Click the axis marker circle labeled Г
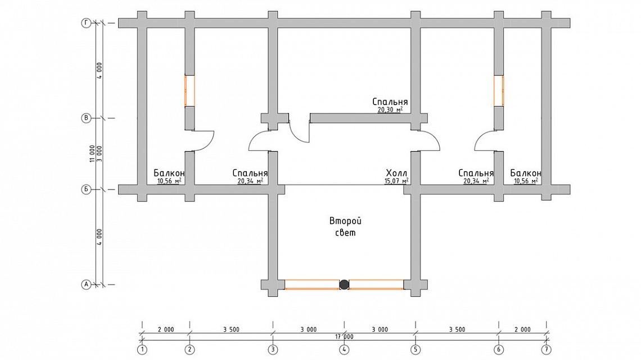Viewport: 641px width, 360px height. [86, 23]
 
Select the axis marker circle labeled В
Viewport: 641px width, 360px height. [86, 118]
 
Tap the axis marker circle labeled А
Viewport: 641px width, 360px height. [86, 284]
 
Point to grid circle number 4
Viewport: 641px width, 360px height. [344, 350]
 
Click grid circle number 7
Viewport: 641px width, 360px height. [546, 350]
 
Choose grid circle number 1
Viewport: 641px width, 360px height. [142, 350]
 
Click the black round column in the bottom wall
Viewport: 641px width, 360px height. [344, 284]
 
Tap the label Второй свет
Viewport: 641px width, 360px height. [345, 227]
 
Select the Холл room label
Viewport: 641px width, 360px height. [396, 173]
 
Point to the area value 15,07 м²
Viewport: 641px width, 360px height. [396, 181]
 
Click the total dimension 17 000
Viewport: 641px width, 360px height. [344, 337]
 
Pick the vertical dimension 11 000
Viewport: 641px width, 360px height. [92, 154]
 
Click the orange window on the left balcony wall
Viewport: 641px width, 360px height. [189, 91]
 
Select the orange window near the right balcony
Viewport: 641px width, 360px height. [499, 91]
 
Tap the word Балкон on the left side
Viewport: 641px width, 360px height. [169, 173]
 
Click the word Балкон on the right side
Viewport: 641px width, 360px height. [526, 173]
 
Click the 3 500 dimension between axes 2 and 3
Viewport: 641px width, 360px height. [232, 329]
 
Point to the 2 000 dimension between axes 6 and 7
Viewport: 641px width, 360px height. [522, 329]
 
